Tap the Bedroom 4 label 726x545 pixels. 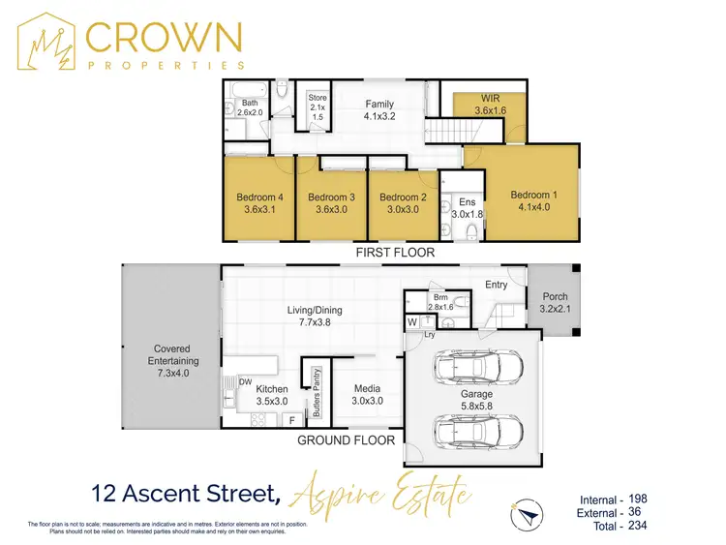pyautogui.click(x=258, y=204)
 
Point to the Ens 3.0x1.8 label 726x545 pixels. pyautogui.click(x=468, y=208)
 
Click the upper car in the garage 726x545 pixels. pyautogui.click(x=480, y=368)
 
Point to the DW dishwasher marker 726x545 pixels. pyautogui.click(x=245, y=382)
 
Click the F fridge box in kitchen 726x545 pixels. pyautogui.click(x=293, y=421)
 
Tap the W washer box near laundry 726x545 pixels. pyautogui.click(x=411, y=321)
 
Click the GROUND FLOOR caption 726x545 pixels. pyautogui.click(x=347, y=439)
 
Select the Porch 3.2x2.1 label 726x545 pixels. pyautogui.click(x=555, y=302)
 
